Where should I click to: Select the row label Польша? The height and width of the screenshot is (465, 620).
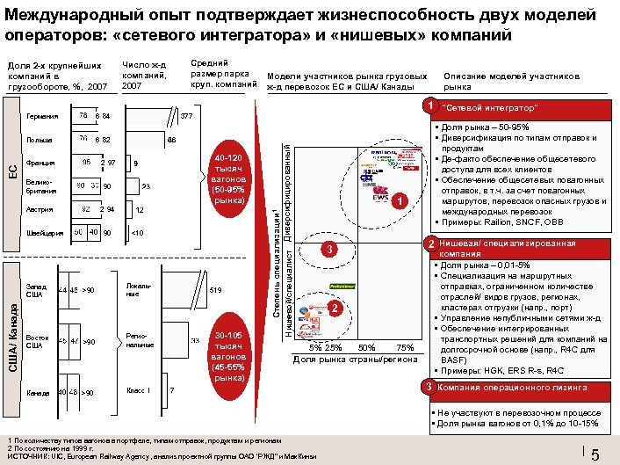coord(40,139)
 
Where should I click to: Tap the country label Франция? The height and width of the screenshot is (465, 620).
coord(41,163)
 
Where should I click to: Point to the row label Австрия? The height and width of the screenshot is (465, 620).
coord(40,210)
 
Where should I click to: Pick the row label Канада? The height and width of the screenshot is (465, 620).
coord(39,392)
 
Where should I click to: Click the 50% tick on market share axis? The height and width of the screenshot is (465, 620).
coord(367,346)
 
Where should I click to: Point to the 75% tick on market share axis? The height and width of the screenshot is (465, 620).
coord(405,346)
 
